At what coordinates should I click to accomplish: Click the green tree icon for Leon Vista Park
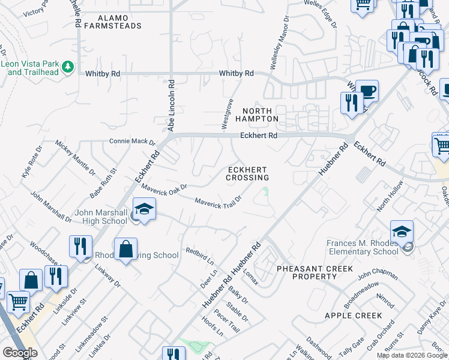68,67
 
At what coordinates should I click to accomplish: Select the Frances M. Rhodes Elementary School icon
402,232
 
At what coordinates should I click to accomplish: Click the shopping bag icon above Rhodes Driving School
125,249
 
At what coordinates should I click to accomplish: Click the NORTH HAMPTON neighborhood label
261,115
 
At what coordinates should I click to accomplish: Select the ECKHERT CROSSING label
247,173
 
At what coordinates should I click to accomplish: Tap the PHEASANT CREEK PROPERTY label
315,272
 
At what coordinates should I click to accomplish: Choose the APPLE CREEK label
353,316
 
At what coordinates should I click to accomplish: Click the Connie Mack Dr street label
132,142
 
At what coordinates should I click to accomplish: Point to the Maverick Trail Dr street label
218,199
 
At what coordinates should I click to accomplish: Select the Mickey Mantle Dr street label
76,157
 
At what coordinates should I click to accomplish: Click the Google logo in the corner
20,353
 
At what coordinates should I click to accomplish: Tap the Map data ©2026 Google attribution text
411,355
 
